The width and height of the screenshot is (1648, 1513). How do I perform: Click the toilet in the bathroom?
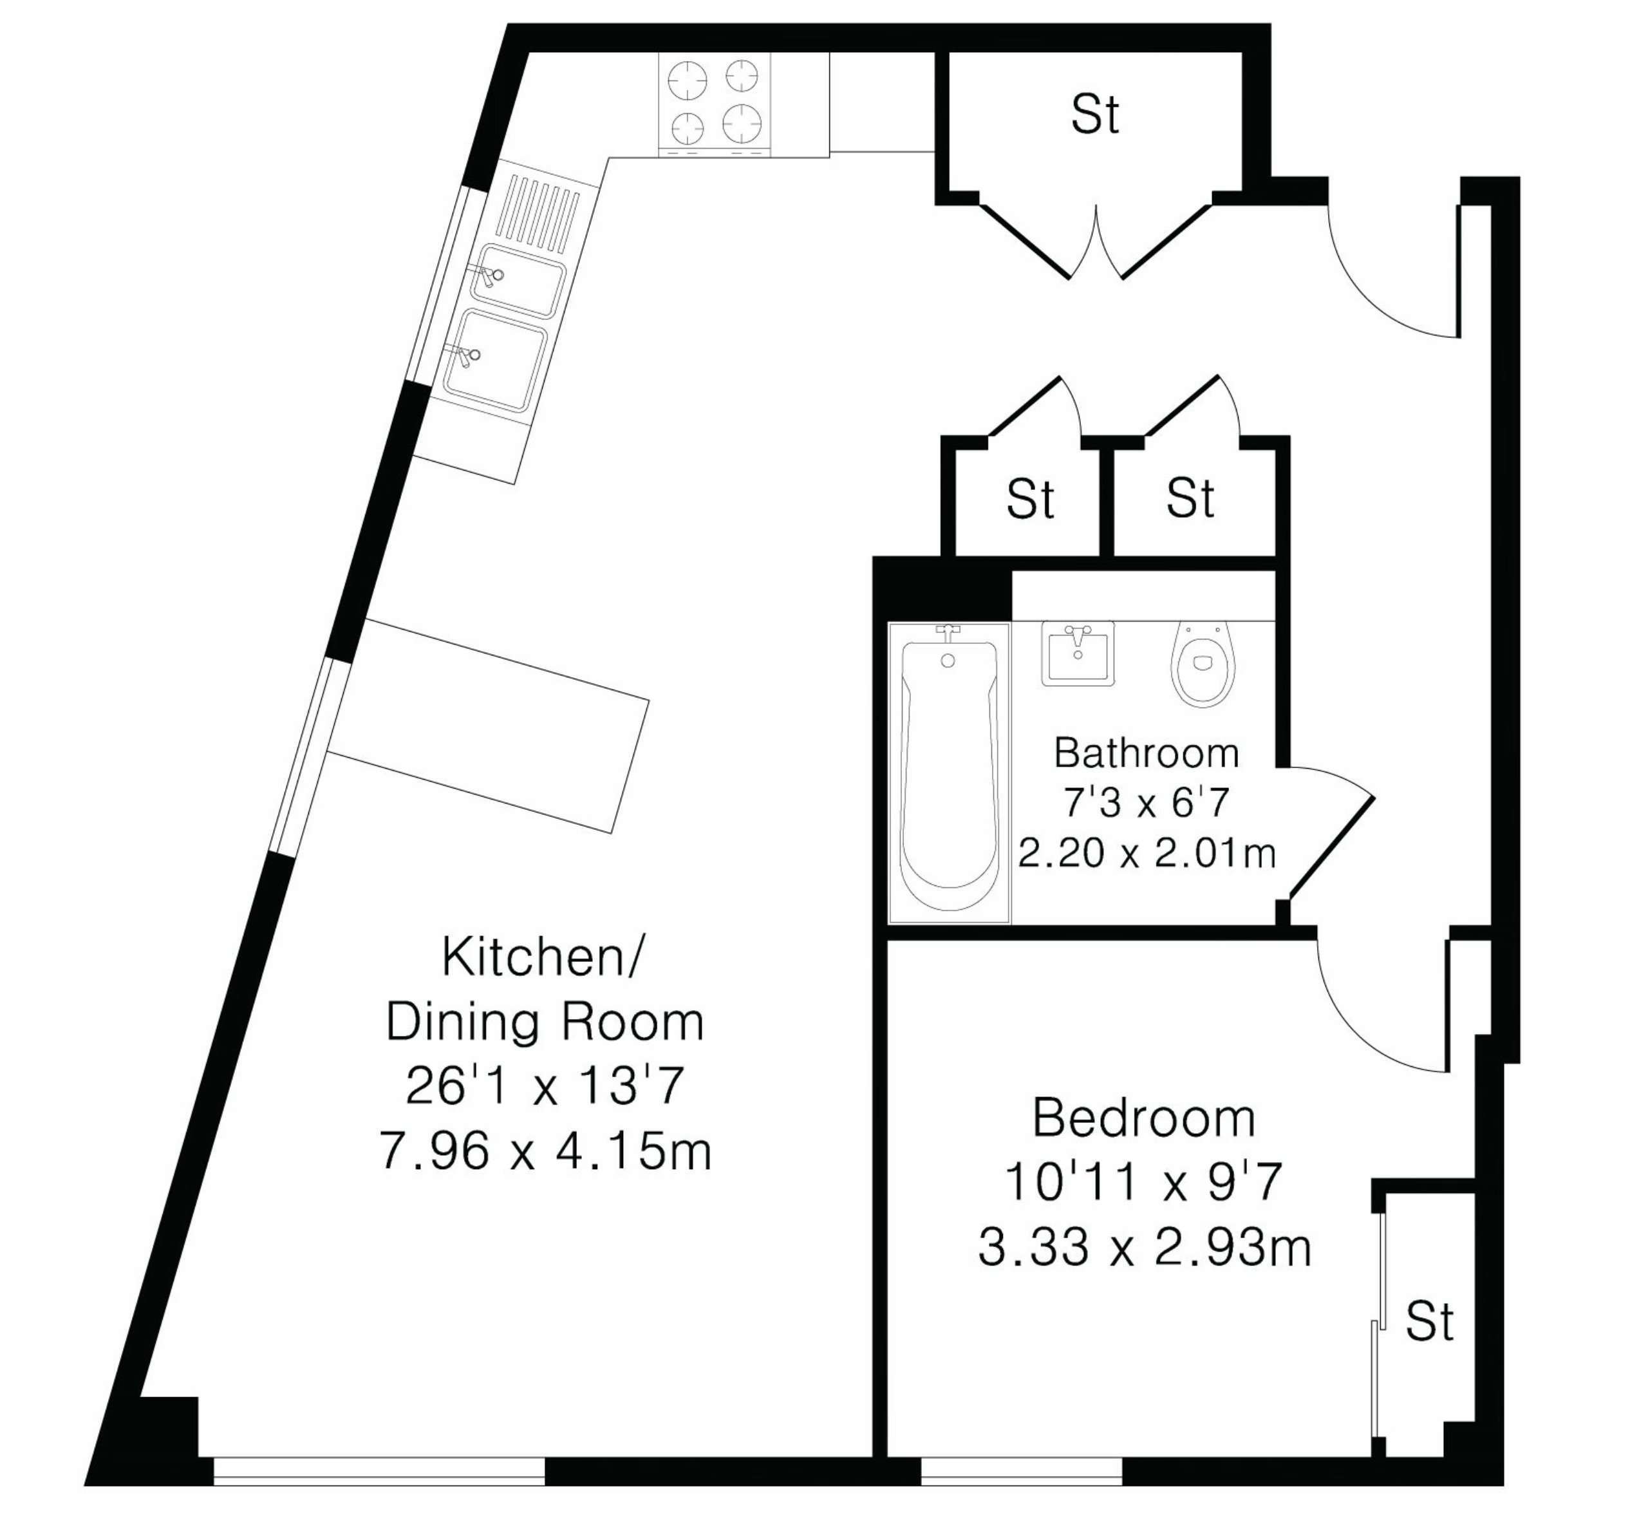pyautogui.click(x=1202, y=664)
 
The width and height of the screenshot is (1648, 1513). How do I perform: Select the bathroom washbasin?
pyautogui.click(x=1078, y=653)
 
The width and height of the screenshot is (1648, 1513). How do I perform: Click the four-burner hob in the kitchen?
pyautogui.click(x=715, y=103)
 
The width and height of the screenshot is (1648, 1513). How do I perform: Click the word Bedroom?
pyautogui.click(x=1144, y=1118)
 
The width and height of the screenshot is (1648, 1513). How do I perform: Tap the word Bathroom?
pyautogui.click(x=1146, y=753)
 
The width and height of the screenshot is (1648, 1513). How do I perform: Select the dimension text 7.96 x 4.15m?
pyautogui.click(x=545, y=1151)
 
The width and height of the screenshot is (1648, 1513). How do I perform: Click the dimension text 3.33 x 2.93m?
pyautogui.click(x=1145, y=1248)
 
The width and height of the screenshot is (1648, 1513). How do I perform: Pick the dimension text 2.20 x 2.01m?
pyautogui.click(x=1146, y=853)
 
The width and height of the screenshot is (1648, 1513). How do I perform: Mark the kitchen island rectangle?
pyautogui.click(x=489, y=726)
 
